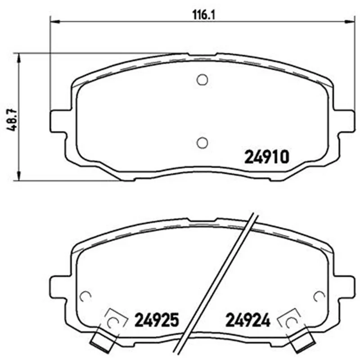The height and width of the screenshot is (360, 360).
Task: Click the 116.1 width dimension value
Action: (203, 15)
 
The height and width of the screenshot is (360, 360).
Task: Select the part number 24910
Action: (266, 157)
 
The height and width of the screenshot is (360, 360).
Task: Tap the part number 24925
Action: (156, 320)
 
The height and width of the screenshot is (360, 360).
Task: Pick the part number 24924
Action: (248, 320)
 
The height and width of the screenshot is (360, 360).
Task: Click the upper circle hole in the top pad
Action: (202, 80)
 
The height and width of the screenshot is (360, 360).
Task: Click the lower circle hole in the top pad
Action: (202, 143)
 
